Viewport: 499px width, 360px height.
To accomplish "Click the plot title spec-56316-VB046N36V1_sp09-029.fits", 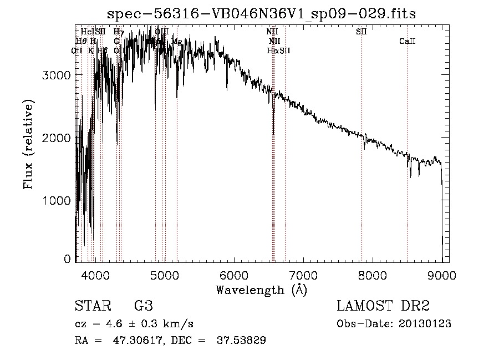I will [261, 13].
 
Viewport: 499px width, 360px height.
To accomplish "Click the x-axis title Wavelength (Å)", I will [261, 290].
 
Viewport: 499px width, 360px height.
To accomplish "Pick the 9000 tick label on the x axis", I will [442, 275].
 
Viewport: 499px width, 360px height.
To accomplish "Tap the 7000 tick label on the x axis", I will [303, 275].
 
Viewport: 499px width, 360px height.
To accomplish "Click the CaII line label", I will [408, 42].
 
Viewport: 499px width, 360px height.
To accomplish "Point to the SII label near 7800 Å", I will [361, 32].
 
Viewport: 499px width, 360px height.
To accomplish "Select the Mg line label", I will [177, 42].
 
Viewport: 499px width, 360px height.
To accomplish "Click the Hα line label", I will [272, 50].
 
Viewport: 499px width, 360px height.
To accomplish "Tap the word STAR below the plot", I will [91, 306].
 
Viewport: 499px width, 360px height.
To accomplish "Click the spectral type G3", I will [143, 306].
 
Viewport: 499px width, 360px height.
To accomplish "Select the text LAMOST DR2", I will [383, 306].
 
